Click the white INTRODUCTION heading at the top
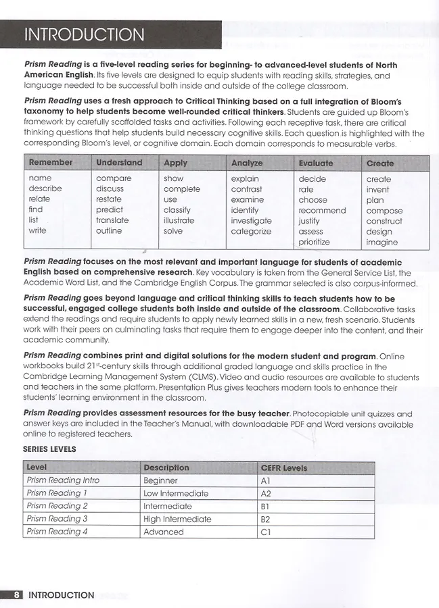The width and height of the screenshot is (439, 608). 84,35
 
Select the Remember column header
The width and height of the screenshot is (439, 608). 50,163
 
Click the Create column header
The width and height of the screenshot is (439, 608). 380,163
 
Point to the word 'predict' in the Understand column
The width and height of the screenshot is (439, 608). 110,210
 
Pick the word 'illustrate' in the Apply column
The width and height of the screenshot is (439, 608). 179,220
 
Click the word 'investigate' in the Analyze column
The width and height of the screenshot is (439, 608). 251,221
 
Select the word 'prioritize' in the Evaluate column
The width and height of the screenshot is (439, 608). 315,242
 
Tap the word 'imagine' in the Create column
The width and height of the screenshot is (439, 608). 382,242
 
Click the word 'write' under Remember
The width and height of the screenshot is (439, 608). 38,231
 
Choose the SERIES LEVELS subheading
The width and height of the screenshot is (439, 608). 49,449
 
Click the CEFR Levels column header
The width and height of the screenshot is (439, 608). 283,467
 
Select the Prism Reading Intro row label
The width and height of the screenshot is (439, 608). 63,480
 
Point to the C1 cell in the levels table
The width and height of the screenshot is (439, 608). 266,532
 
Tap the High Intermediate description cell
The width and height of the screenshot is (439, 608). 177,519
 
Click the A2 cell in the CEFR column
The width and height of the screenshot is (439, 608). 266,493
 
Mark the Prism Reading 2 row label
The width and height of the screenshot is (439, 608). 57,506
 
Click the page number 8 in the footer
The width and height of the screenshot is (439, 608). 17,595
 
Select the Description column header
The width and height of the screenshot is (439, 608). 166,467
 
